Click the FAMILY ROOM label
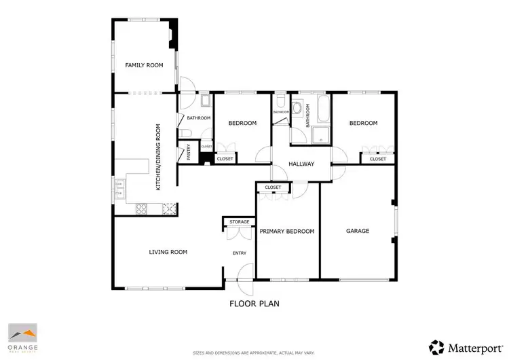[x=145, y=65]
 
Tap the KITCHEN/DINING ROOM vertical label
[x=159, y=157]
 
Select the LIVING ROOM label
[x=168, y=252]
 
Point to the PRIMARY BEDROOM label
[x=287, y=232]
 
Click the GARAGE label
[x=358, y=231]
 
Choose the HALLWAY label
[x=301, y=164]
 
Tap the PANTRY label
[x=189, y=151]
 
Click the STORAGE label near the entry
[x=239, y=221]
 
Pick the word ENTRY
[x=240, y=253]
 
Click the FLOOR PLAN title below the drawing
[x=254, y=304]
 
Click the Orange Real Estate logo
[x=23, y=338]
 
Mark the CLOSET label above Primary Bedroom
[x=273, y=187]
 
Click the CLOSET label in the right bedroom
[x=377, y=159]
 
